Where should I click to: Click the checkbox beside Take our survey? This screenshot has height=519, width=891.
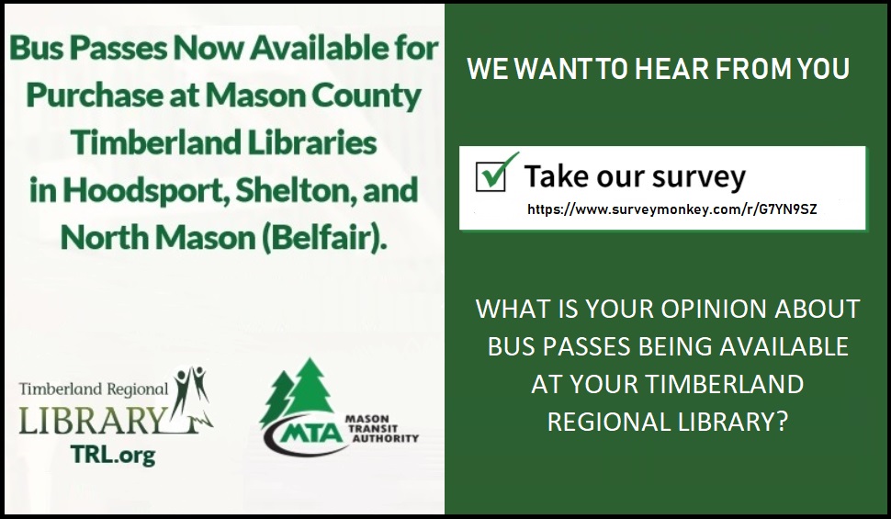pyautogui.click(x=491, y=176)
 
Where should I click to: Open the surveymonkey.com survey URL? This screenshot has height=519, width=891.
pyautogui.click(x=671, y=209)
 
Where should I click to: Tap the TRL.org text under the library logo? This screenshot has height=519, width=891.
pyautogui.click(x=112, y=454)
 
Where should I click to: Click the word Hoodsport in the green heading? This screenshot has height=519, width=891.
pyautogui.click(x=145, y=191)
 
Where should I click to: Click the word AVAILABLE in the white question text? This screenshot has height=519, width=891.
pyautogui.click(x=784, y=346)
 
